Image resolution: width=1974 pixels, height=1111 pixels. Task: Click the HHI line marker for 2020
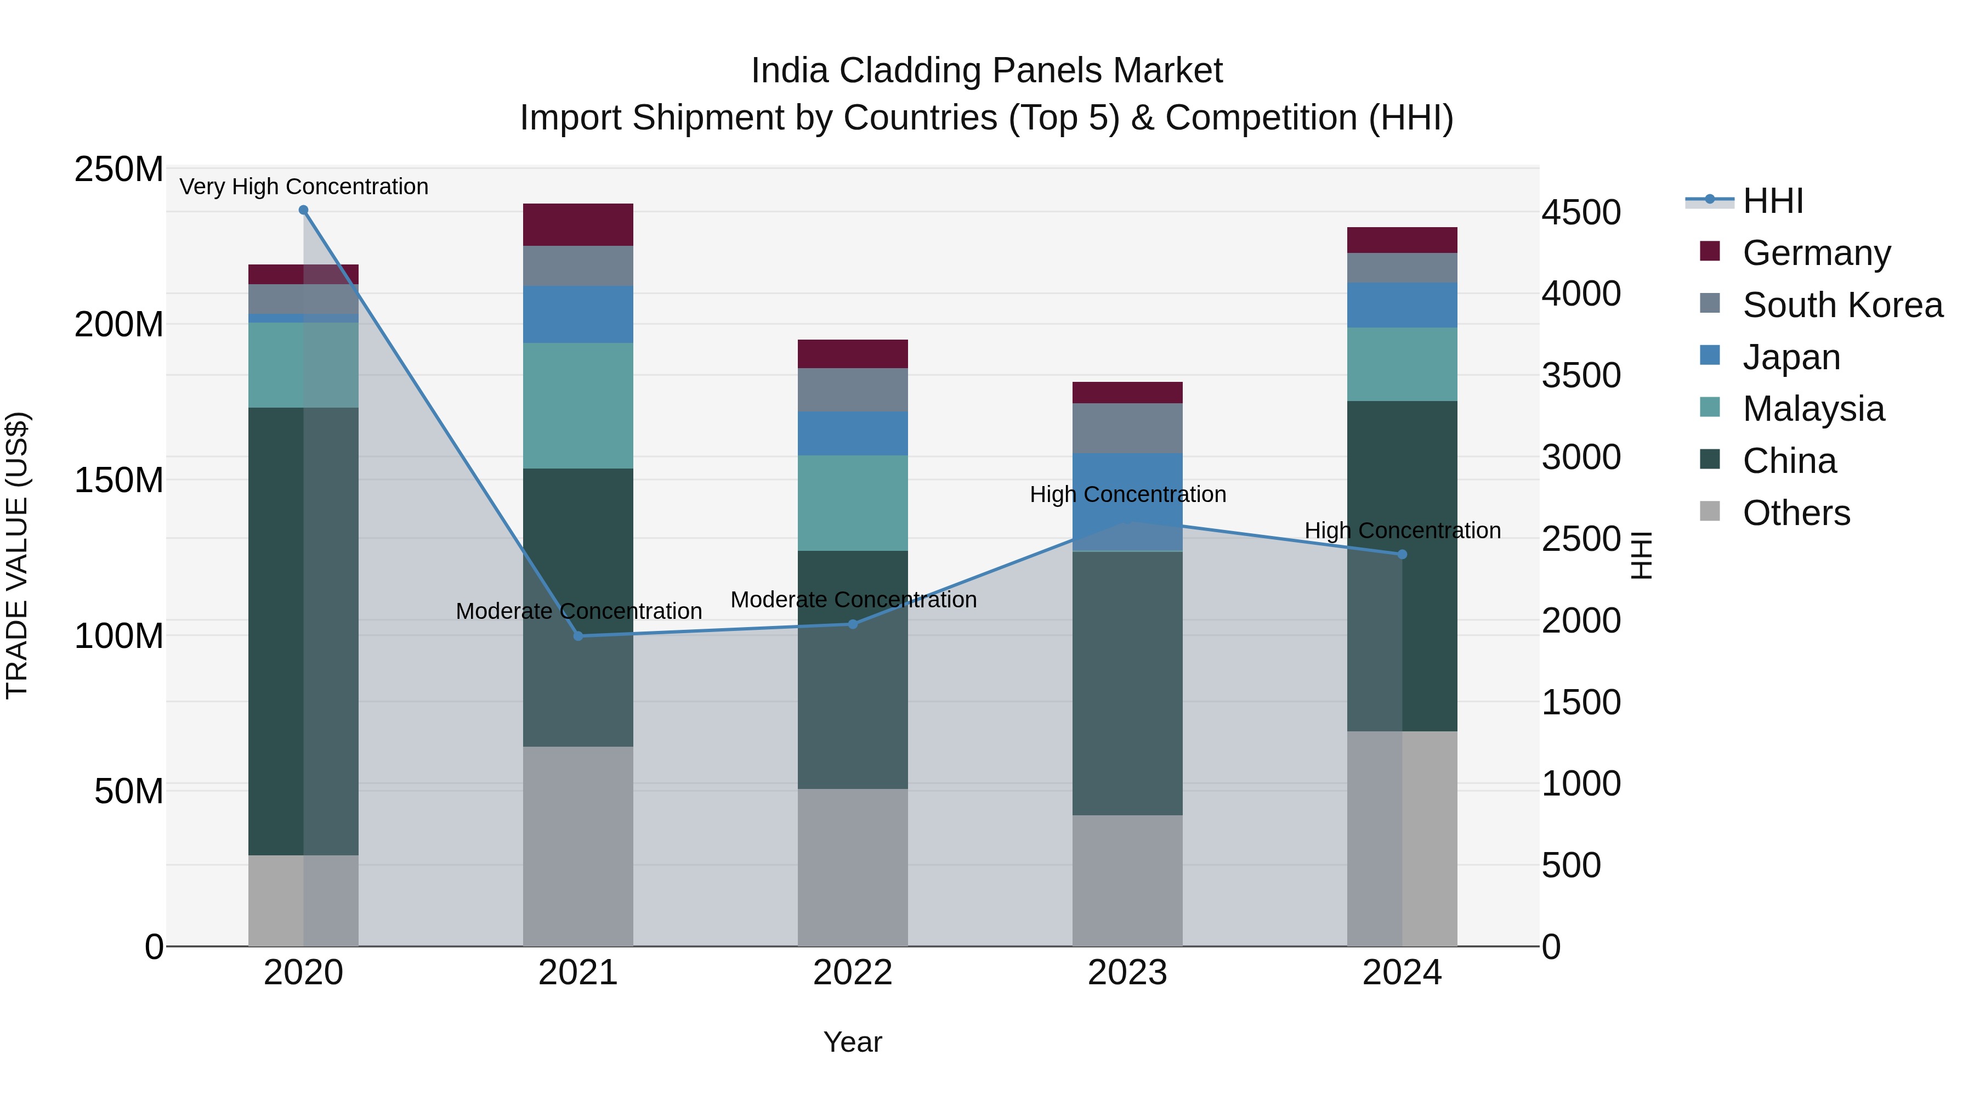(303, 210)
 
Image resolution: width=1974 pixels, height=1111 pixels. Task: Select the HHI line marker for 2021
(578, 636)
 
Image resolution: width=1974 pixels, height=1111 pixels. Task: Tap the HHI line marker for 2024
(1402, 554)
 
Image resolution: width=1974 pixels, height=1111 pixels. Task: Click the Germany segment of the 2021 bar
(578, 224)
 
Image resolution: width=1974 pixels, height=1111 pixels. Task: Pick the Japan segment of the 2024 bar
(1402, 305)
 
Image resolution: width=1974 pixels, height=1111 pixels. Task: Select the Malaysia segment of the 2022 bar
(852, 503)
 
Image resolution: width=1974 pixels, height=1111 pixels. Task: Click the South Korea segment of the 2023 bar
(1127, 428)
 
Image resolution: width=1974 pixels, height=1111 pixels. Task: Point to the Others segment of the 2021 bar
(578, 845)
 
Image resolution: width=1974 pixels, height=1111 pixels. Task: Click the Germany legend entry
(1816, 253)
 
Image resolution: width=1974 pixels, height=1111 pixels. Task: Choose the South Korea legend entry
(1842, 305)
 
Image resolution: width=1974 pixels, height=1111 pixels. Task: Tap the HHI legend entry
(1772, 201)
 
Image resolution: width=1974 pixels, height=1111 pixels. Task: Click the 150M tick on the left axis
(119, 481)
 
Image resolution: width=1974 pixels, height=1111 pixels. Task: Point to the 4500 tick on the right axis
(1581, 212)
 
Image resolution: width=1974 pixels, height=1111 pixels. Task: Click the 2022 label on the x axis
(852, 973)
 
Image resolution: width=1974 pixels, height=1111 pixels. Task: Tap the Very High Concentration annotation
(303, 187)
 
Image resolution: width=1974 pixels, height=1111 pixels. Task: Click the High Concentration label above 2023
(1127, 494)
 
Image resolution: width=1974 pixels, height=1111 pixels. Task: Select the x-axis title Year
(852, 1042)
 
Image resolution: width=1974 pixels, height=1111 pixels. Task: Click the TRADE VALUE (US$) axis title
(17, 555)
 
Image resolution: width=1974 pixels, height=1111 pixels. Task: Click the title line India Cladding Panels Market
(986, 71)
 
